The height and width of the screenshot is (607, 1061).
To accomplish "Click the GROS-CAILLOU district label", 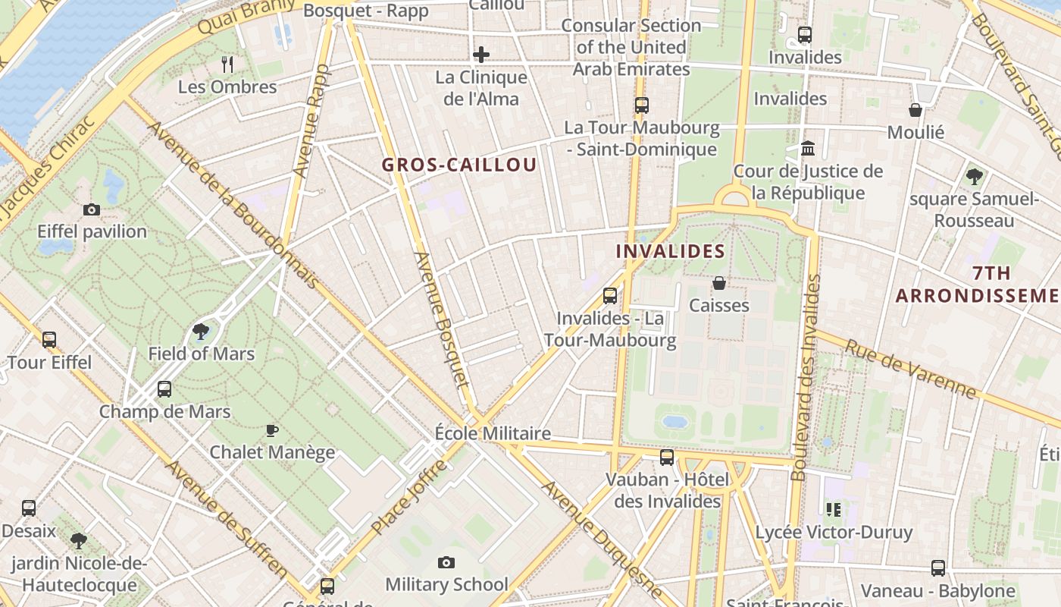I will point(459,165).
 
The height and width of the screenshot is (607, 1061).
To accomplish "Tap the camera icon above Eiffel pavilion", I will point(92,209).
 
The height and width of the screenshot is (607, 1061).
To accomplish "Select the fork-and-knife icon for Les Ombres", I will point(227,64).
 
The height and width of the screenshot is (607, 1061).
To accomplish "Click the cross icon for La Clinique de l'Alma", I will point(480,55).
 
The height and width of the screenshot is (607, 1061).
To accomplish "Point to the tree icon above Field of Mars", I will point(201,331).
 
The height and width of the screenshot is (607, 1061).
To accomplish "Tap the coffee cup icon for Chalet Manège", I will point(272,430).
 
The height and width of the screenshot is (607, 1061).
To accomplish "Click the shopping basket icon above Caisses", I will point(718,283).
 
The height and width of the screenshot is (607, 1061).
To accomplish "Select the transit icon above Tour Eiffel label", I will point(49,339).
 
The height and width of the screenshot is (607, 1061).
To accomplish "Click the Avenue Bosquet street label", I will point(443,319).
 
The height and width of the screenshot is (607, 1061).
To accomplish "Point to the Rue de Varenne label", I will point(909,369).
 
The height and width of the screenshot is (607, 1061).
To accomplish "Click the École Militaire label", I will point(493,433).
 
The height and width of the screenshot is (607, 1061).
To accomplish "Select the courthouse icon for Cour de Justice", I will point(808,148).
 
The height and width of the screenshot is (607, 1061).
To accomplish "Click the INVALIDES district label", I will point(670,251).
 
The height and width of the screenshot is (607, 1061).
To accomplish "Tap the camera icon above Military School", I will point(446,562).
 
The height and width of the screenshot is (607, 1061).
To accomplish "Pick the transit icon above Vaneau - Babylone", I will point(937,568).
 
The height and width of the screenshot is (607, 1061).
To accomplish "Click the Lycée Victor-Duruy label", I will point(834,532).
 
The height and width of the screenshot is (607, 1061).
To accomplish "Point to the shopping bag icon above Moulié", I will point(915,110).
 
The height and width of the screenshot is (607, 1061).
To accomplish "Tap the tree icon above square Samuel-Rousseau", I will point(974,177).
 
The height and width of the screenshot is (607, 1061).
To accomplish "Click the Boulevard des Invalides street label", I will point(806,378).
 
